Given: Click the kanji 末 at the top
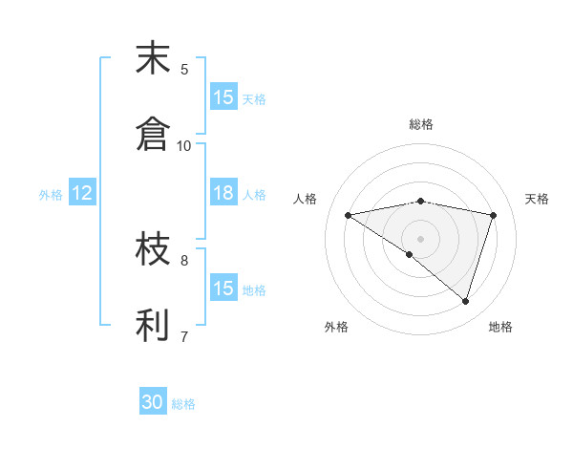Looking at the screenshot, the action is coord(154,60).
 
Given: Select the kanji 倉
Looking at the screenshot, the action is coord(154,135).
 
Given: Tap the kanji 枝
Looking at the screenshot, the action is coord(154,250).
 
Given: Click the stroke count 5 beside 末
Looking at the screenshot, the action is coord(184,69).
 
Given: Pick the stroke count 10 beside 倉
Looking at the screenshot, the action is coord(184,145).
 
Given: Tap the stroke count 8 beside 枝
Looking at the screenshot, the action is coord(184,259).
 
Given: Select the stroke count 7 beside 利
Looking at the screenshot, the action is coord(184,336).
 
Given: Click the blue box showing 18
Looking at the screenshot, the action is coord(223,193).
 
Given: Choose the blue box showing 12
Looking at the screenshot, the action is coord(82,193).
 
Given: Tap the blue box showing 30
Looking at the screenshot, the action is coord(153,403).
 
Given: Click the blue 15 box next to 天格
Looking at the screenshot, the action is coord(223,97).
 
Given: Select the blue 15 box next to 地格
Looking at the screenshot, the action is coord(223,288).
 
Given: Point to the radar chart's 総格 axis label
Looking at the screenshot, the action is coord(421,125).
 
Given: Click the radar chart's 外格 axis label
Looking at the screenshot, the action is coord(336,327).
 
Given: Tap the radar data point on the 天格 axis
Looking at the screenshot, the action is coord(494,215).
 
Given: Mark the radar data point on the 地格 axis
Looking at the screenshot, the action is coord(465,301).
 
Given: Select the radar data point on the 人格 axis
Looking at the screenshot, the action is coord(348,215).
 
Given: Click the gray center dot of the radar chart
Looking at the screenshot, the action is coord(421,238).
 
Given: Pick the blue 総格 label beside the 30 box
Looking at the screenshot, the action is coord(184,404).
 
